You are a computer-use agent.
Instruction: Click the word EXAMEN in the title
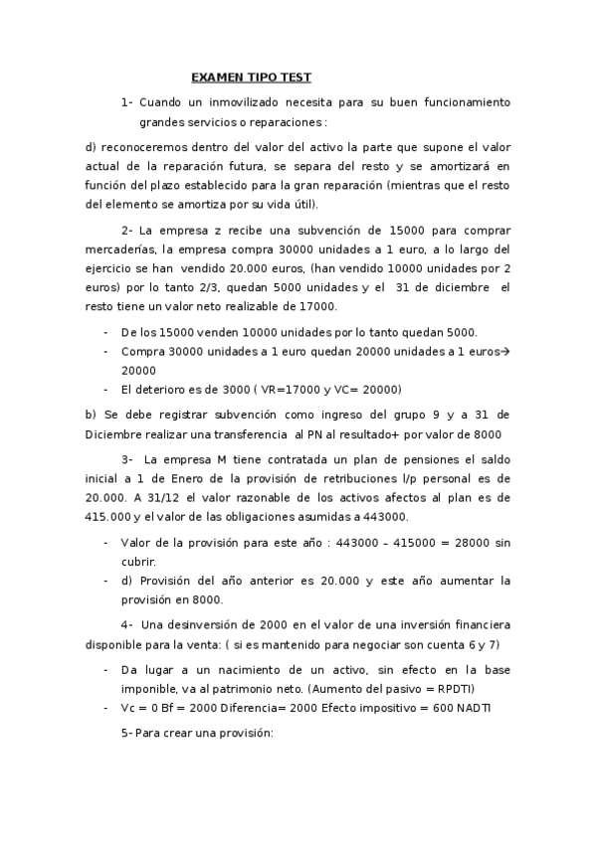tap(215, 77)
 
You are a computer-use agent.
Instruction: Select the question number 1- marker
tap(126, 102)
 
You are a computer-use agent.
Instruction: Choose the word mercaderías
tap(123, 249)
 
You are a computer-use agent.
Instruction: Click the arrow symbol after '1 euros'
tap(504, 352)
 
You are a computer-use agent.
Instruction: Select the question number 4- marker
tap(126, 625)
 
